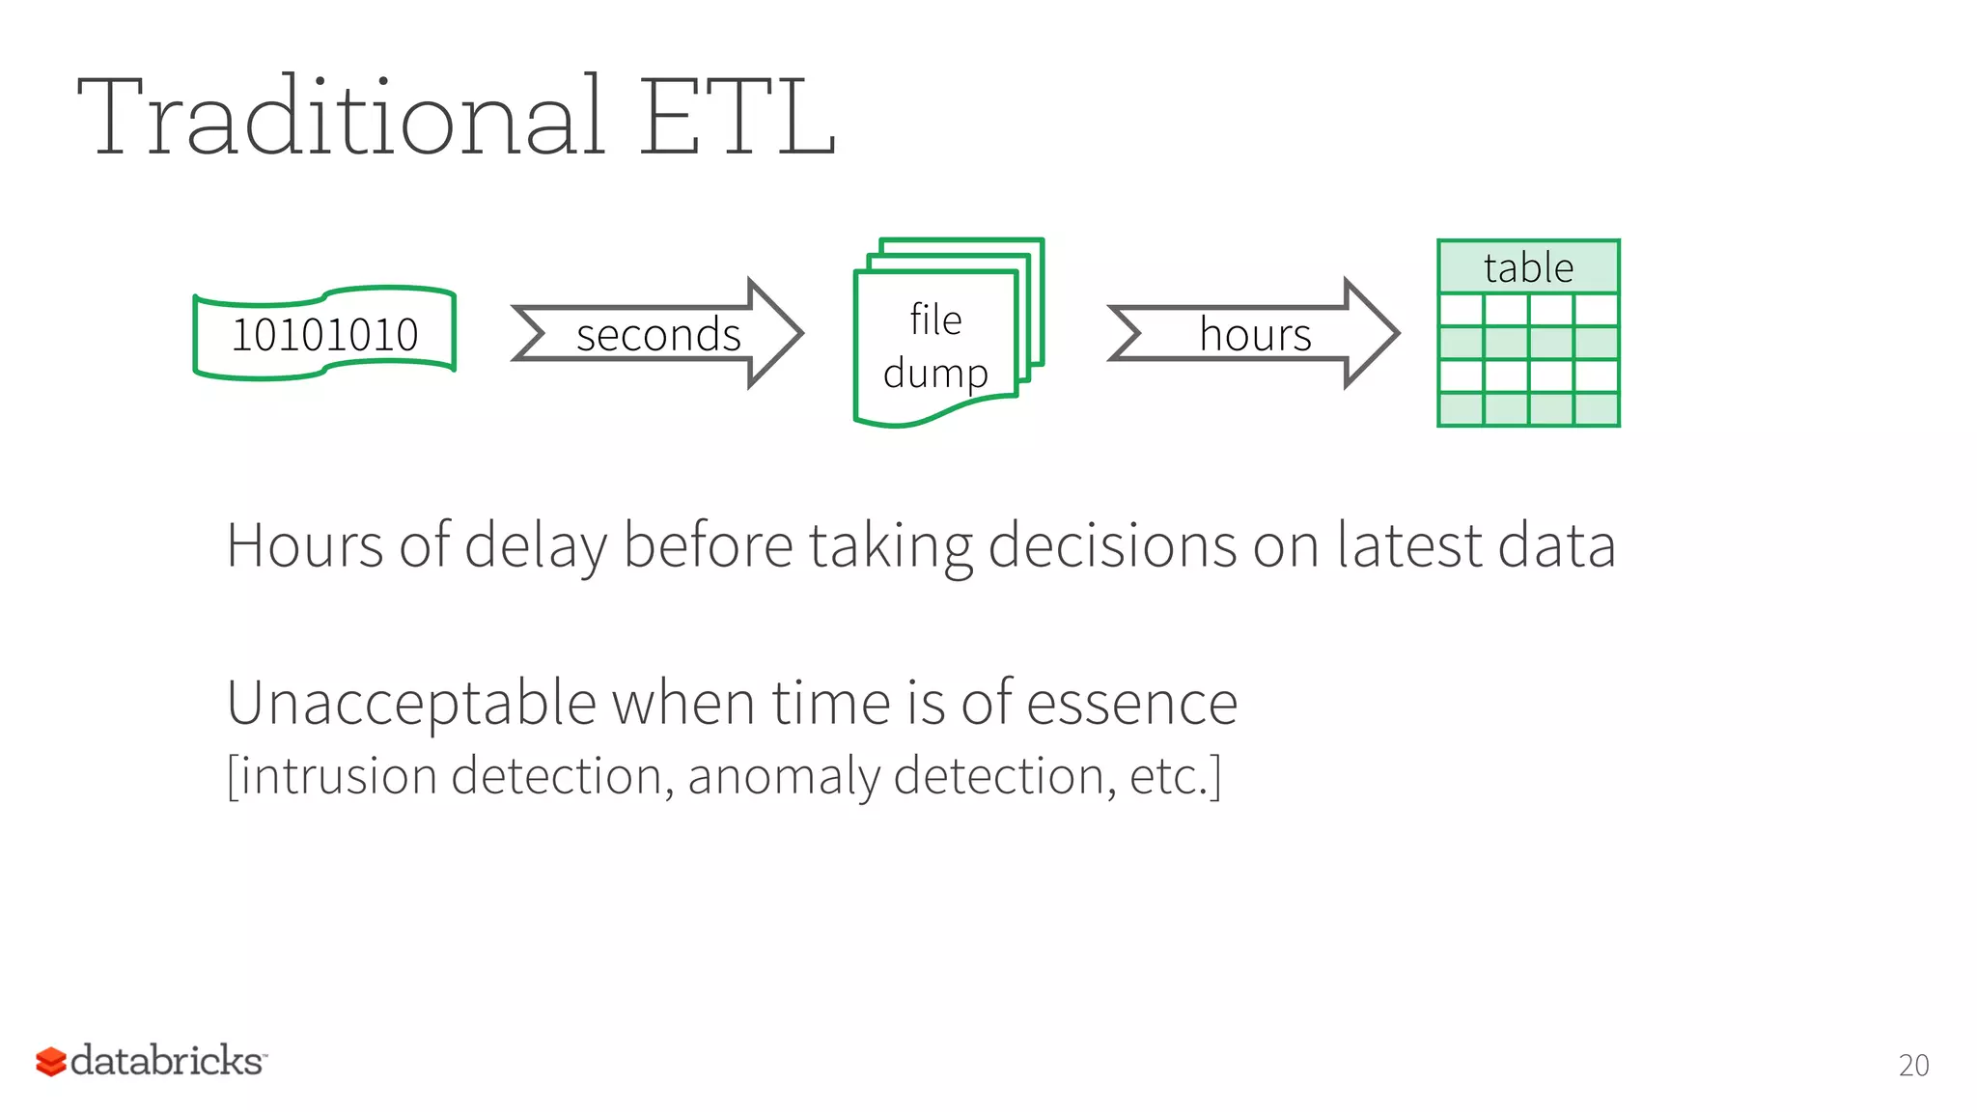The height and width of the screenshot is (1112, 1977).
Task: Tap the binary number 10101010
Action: pyautogui.click(x=324, y=335)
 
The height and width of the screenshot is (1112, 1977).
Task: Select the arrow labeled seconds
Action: pyautogui.click(x=657, y=334)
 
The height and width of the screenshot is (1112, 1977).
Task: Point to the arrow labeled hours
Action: pyautogui.click(x=1254, y=334)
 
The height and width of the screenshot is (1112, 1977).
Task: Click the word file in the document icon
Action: pyautogui.click(x=935, y=320)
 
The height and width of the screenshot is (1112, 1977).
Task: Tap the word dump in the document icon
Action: pyautogui.click(x=935, y=374)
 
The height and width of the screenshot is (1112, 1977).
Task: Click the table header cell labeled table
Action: pyautogui.click(x=1528, y=267)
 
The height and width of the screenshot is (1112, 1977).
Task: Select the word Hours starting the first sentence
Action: pyautogui.click(x=304, y=545)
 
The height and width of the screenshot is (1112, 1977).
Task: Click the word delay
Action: pyautogui.click(x=536, y=547)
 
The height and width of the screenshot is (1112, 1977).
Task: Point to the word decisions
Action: pyautogui.click(x=1111, y=547)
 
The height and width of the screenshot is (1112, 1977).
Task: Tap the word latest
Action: pyautogui.click(x=1409, y=545)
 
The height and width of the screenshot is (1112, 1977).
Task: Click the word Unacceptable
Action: pyautogui.click(x=411, y=703)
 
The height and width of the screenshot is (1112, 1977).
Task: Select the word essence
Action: pyautogui.click(x=1131, y=703)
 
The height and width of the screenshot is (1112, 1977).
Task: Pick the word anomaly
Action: pyautogui.click(x=783, y=777)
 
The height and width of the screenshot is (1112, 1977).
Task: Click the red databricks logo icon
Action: pyautogui.click(x=50, y=1062)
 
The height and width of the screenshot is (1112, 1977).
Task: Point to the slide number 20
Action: pyautogui.click(x=1913, y=1065)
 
